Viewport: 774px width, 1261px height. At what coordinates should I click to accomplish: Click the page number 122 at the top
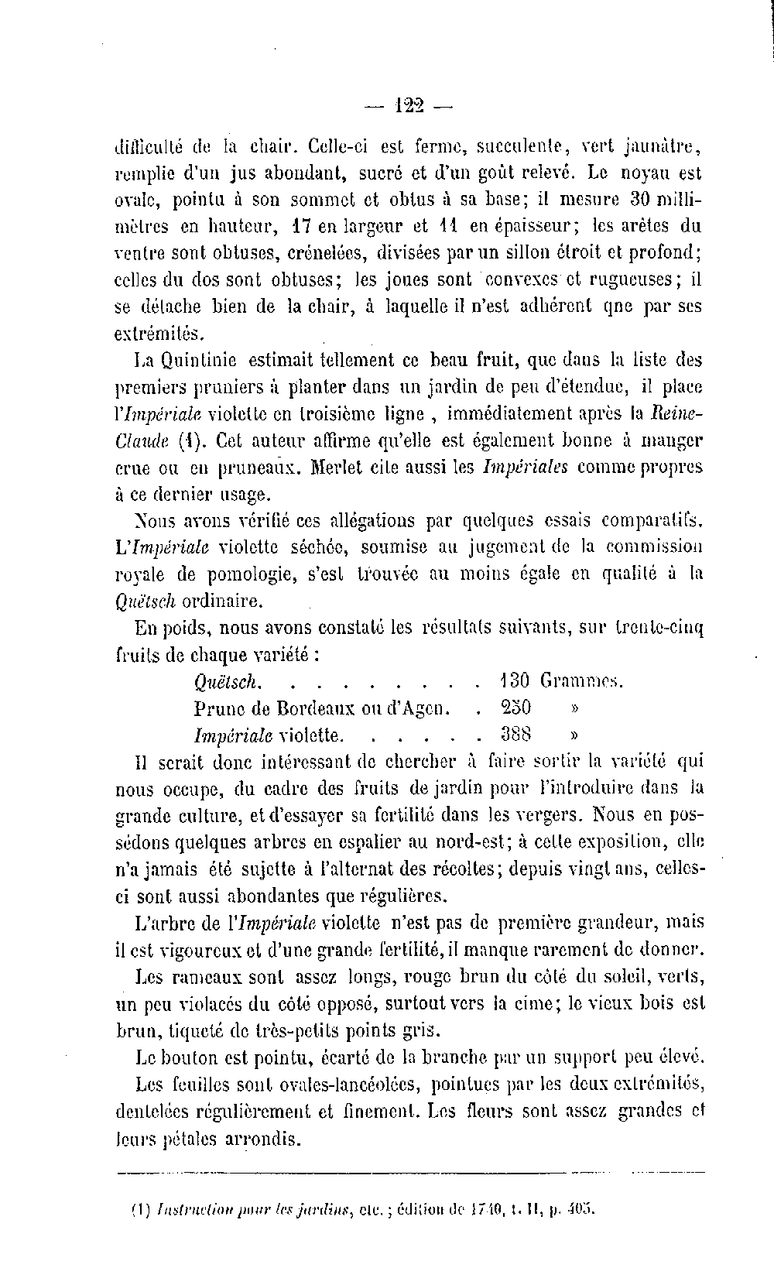point(409,105)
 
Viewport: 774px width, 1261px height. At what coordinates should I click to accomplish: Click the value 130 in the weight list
point(514,681)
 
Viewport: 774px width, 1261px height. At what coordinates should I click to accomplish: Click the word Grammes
point(582,681)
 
